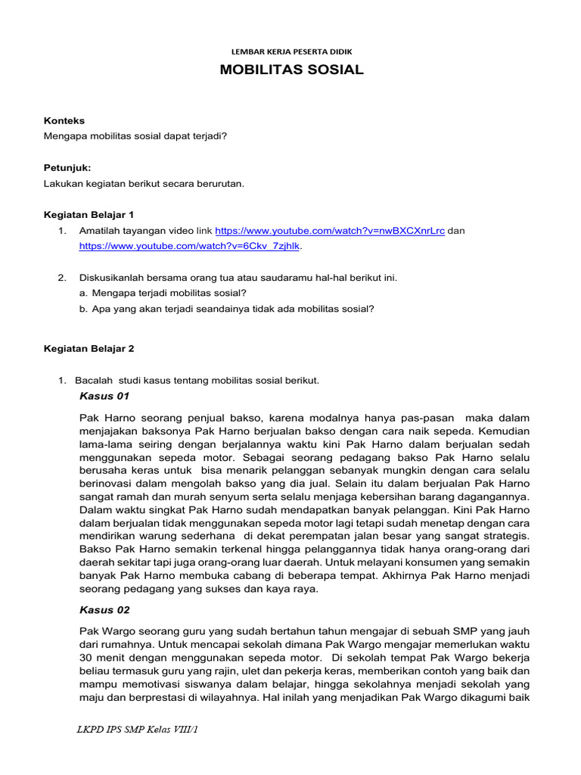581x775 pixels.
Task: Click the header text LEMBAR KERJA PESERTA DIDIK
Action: (x=291, y=51)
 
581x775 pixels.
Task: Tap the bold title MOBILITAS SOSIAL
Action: (x=291, y=70)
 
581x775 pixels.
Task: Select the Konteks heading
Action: (x=64, y=120)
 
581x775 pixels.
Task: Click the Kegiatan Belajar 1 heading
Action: (x=89, y=215)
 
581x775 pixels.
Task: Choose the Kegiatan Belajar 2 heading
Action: (x=89, y=349)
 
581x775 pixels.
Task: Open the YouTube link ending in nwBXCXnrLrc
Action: (x=330, y=231)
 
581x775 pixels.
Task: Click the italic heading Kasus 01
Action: (x=104, y=396)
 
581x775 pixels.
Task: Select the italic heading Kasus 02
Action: (x=104, y=609)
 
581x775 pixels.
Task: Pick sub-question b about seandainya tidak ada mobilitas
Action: (x=227, y=308)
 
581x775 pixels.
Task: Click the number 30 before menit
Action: (x=85, y=658)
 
